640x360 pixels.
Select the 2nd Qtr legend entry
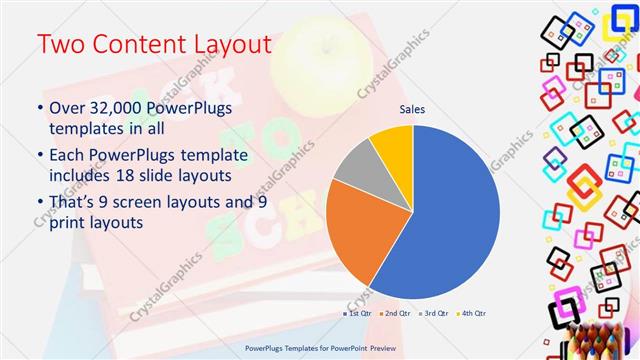tap(397, 315)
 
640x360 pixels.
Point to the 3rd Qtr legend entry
tap(435, 315)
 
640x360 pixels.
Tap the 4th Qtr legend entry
tap(473, 315)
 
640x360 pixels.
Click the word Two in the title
tap(63, 45)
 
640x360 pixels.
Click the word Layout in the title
tap(231, 45)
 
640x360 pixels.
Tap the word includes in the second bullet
tap(83, 176)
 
